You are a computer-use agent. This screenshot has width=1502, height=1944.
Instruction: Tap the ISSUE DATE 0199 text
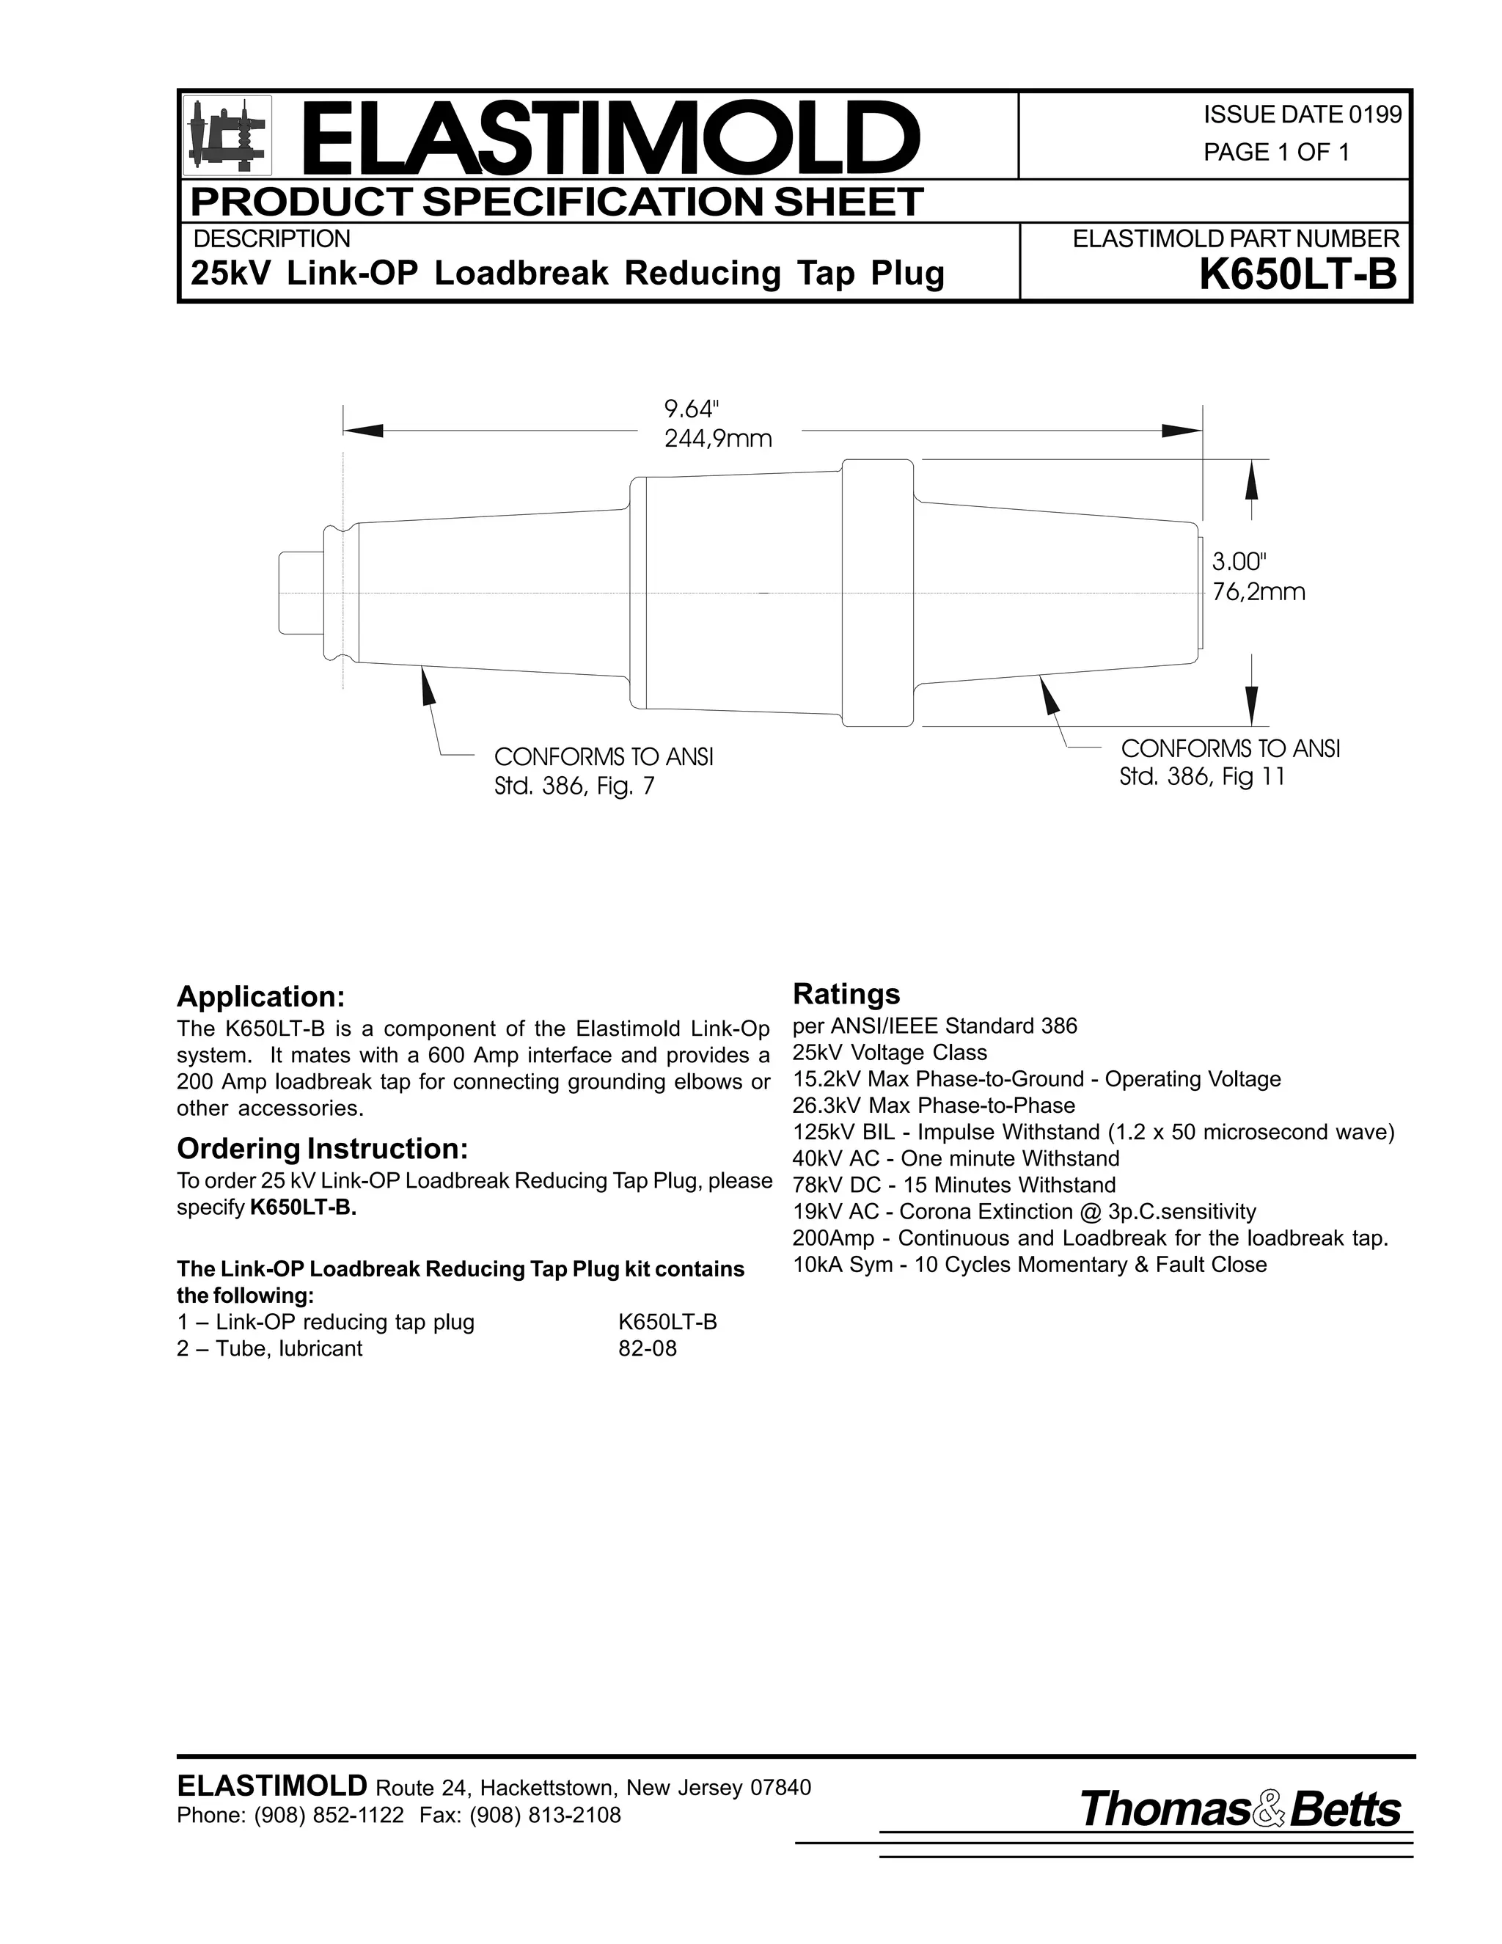coord(1302,115)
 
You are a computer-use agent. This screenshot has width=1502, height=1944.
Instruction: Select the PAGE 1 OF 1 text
coord(1276,152)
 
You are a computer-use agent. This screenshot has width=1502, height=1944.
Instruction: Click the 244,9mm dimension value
coord(718,439)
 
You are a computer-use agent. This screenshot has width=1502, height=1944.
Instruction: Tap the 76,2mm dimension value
coord(1259,592)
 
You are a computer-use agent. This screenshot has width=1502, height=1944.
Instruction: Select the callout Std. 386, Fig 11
coord(1201,777)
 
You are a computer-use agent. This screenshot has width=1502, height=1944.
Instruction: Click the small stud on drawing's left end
coord(301,593)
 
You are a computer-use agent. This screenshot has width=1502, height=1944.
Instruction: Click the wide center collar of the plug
coord(877,593)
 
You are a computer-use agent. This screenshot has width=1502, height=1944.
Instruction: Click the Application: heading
coord(260,996)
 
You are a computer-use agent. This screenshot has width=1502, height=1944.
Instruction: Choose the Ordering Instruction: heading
coord(322,1149)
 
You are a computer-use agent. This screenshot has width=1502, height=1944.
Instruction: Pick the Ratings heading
coord(846,993)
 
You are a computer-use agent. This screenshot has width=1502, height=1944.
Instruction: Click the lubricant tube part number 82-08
coord(647,1348)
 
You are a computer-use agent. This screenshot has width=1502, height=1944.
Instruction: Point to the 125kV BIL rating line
coord(1093,1132)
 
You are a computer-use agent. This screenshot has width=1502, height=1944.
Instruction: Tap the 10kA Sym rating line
coord(1029,1265)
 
